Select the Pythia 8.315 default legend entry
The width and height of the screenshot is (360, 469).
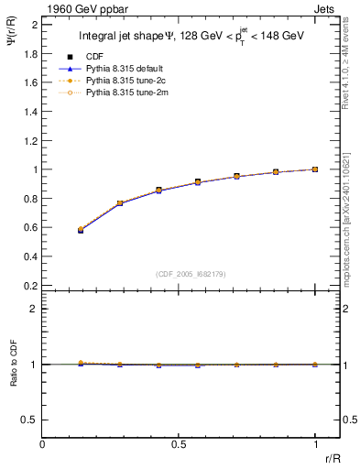coord(122,69)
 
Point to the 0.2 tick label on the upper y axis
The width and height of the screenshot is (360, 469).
coord(30,285)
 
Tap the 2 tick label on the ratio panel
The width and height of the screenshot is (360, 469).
coord(34,309)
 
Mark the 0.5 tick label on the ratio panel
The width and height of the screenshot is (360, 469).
coord(30,420)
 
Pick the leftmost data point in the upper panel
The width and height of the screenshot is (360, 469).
coord(81,230)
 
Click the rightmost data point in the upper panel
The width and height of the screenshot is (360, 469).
coord(315,169)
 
